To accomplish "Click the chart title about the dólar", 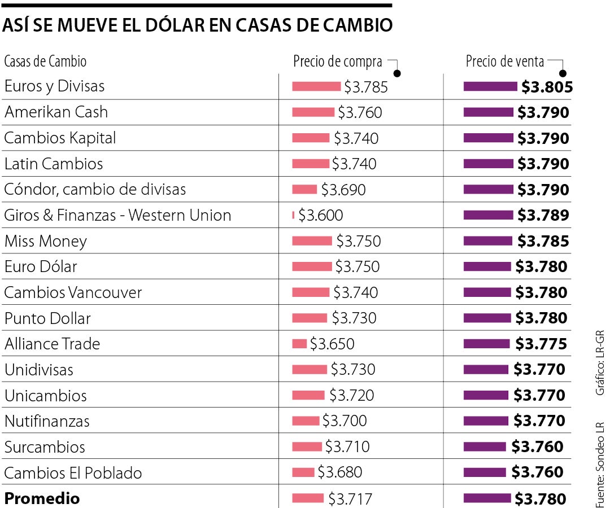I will pyautogui.click(x=198, y=26).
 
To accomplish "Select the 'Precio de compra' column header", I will pyautogui.click(x=337, y=62).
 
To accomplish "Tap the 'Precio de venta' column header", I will pyautogui.click(x=505, y=62).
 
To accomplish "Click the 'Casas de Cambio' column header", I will pyautogui.click(x=45, y=61).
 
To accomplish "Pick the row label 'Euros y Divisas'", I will pyautogui.click(x=54, y=86).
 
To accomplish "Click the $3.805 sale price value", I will pyautogui.click(x=547, y=87).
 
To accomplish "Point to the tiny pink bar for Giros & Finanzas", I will pyautogui.click(x=294, y=215).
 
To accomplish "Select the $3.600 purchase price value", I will pyautogui.click(x=321, y=216).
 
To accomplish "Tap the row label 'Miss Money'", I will pyautogui.click(x=46, y=242).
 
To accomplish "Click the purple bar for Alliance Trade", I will pyautogui.click(x=488, y=344).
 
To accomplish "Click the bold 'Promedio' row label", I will pyautogui.click(x=42, y=498).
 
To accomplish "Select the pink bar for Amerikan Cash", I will pyautogui.click(x=313, y=112).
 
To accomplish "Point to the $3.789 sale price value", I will pyautogui.click(x=543, y=216).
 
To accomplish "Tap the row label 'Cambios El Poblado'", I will pyautogui.click(x=73, y=473).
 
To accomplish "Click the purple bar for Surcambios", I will pyautogui.click(x=485, y=447).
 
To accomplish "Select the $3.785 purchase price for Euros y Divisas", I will pyautogui.click(x=366, y=87).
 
